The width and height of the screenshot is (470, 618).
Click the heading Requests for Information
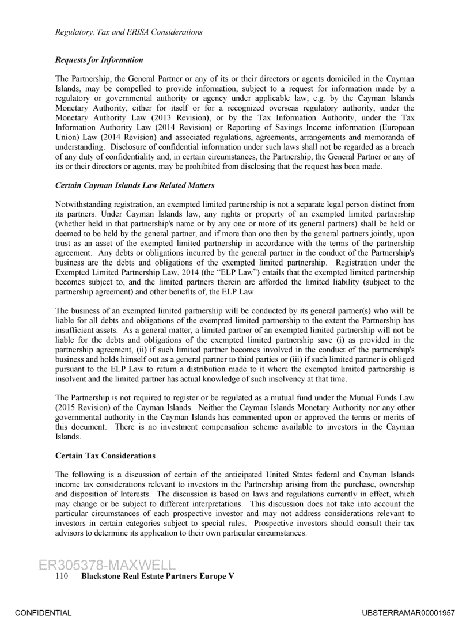click(x=99, y=60)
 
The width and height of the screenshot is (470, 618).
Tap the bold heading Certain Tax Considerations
click(x=105, y=456)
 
